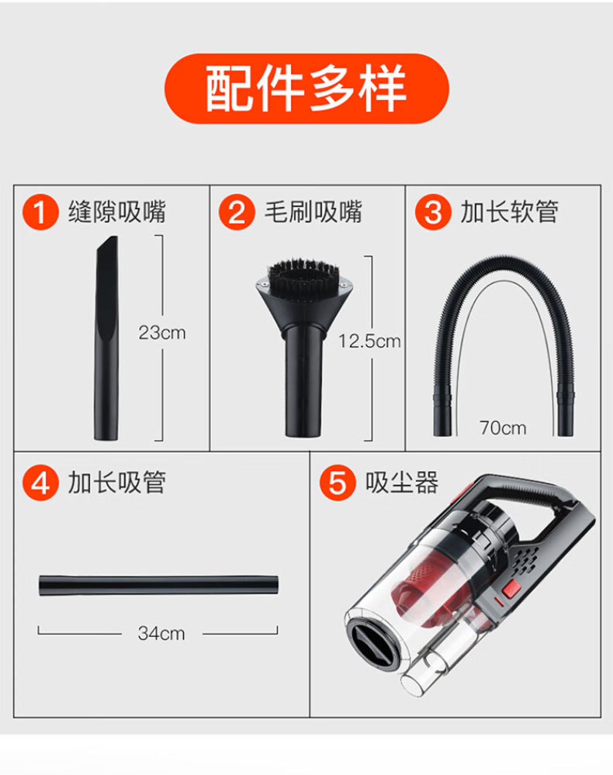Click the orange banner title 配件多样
tap(306, 88)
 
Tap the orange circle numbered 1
tap(40, 212)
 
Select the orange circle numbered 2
tap(237, 212)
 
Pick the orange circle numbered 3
tap(433, 212)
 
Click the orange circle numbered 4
tap(40, 483)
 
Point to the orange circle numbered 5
tap(338, 483)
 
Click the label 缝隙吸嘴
tap(117, 212)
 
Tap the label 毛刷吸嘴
tap(313, 212)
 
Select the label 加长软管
tap(509, 212)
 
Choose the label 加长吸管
tap(117, 483)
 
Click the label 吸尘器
tap(402, 483)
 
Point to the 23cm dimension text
tap(162, 333)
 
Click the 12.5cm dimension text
tap(369, 341)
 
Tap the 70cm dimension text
tap(503, 427)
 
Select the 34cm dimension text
tap(161, 633)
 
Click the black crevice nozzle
tap(107, 338)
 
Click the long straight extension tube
tap(159, 585)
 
